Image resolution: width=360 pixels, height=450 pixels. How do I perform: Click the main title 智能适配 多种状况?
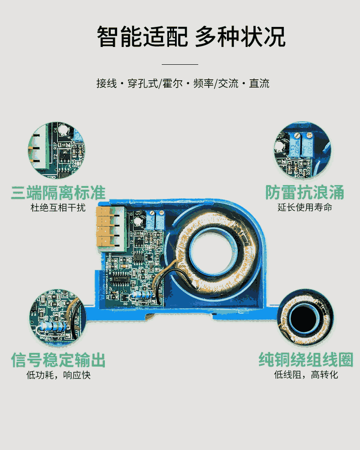[191, 36]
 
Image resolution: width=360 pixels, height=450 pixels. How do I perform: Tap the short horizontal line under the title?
[180, 64]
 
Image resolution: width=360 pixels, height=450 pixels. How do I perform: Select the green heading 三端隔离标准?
[58, 192]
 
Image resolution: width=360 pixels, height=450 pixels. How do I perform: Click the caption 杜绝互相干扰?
[58, 207]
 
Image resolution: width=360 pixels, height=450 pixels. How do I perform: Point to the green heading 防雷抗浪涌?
[304, 192]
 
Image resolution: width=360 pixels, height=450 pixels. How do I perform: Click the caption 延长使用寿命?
[305, 207]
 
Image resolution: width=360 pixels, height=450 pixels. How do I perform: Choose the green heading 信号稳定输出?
[58, 360]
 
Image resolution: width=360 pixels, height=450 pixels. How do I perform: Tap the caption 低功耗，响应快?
[58, 375]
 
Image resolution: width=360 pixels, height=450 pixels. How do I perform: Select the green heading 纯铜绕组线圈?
[306, 360]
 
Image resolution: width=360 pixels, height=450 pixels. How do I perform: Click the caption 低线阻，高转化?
[306, 374]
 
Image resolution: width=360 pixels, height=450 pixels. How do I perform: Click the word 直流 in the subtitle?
[259, 83]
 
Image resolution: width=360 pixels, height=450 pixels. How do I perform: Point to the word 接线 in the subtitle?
[107, 83]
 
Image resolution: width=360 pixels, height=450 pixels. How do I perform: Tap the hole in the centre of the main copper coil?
[214, 252]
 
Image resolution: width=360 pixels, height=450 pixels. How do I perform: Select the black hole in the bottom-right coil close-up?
[304, 319]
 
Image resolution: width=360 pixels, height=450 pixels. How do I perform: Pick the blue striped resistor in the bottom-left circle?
[54, 326]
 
